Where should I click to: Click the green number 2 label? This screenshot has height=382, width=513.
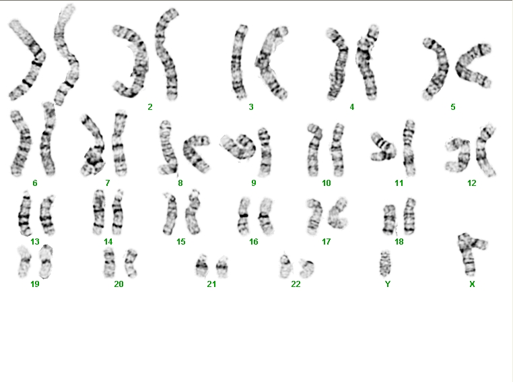coord(150,107)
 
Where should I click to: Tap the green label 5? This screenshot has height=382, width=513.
coord(453,107)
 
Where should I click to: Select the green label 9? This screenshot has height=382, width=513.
coord(254,183)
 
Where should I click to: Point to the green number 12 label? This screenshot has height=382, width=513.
coord(471,183)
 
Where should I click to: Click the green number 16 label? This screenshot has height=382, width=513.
coord(254,242)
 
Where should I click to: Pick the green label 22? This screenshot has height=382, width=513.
coord(296,284)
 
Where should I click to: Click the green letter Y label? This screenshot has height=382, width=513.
coord(388,284)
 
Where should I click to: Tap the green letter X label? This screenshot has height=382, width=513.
coord(472,284)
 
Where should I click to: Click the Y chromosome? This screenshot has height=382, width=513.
coord(386,263)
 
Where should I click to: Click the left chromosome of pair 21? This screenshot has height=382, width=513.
coord(202,266)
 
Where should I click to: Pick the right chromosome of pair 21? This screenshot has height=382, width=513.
coord(222,267)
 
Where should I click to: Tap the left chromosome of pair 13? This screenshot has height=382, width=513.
coord(25,214)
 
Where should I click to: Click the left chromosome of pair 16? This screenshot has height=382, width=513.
coord(244,216)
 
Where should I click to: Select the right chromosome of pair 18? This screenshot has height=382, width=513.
coord(409,216)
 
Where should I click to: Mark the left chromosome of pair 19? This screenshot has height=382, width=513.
coord(24,262)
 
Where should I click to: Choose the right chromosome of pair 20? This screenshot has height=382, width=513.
coord(131,263)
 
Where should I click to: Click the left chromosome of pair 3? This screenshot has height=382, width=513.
coord(240,61)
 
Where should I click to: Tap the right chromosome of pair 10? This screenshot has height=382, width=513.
coord(337,150)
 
